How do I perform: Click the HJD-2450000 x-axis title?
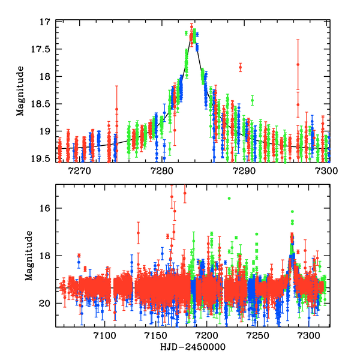(x=193, y=347)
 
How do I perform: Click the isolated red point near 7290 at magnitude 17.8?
(x=240, y=67)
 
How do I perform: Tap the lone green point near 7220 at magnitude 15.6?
(x=228, y=198)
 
